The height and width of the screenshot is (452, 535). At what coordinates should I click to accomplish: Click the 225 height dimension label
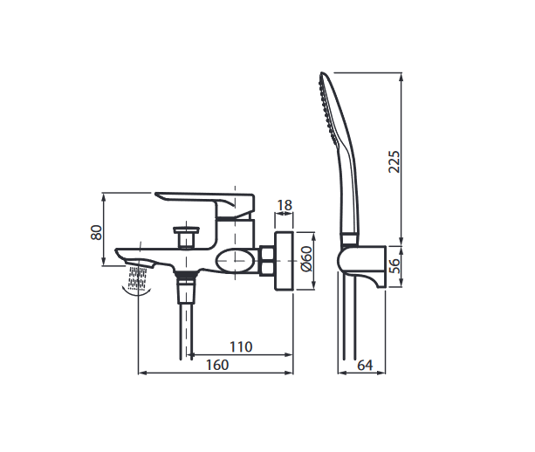[394, 161]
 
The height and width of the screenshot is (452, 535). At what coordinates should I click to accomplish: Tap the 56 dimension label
[394, 265]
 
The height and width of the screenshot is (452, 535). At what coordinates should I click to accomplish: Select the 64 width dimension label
[365, 366]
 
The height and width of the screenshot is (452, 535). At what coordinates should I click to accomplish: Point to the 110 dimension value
[241, 347]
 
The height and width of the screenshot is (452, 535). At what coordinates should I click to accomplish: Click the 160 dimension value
[217, 365]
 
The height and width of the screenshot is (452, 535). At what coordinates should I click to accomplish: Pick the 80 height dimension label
[97, 233]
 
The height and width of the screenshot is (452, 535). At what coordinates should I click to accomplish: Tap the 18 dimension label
[285, 205]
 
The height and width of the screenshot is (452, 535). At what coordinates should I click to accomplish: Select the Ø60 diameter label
[306, 258]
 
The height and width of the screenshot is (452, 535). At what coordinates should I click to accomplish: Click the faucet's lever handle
[205, 204]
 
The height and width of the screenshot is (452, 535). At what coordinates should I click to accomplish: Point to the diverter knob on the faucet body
[186, 236]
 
